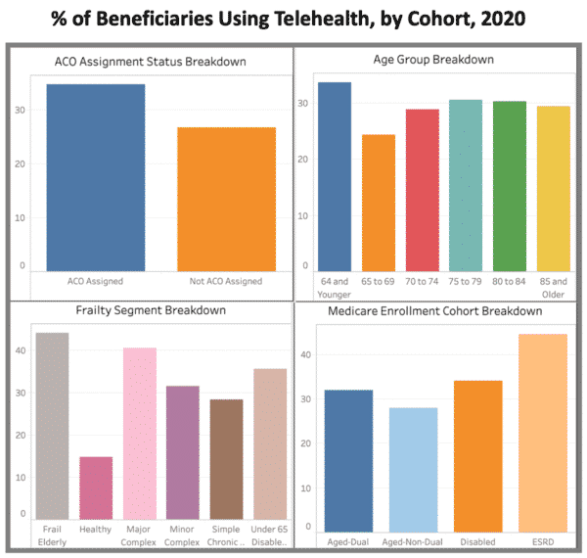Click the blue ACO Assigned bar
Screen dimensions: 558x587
coord(96,177)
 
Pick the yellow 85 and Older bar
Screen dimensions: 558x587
coord(554,188)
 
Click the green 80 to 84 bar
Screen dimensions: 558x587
coord(510,186)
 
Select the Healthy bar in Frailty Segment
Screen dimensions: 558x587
coord(96,488)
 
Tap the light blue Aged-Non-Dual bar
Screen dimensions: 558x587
coord(413,469)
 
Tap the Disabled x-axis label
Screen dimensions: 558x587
coord(478,541)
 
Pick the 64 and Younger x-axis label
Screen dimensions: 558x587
coord(335,287)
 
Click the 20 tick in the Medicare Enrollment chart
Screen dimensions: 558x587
coord(306,442)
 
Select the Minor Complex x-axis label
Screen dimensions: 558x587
coord(184,535)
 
